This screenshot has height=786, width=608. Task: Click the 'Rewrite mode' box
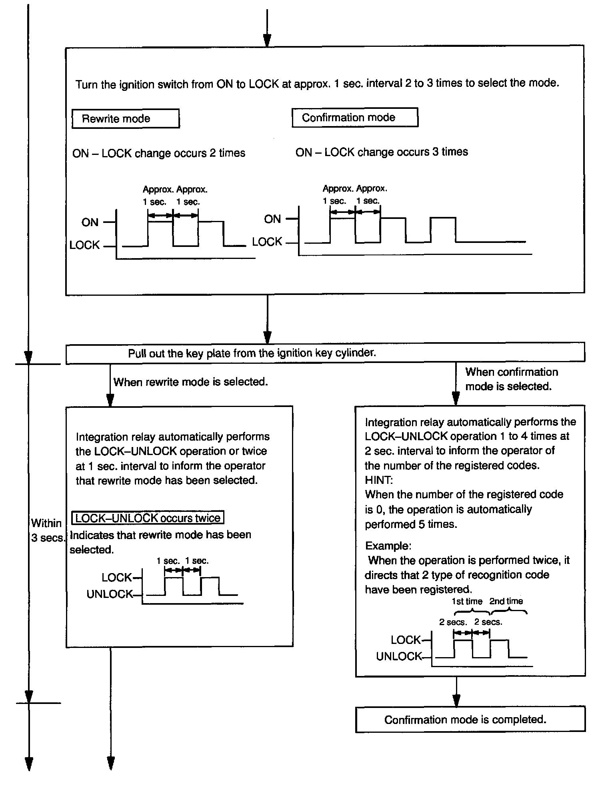pos(125,118)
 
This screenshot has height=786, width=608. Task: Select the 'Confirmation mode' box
pos(355,118)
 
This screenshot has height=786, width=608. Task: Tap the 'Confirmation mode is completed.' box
pos(470,720)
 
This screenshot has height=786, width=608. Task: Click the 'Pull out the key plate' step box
pos(325,353)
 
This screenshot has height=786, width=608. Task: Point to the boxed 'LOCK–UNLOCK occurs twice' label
pos(148,518)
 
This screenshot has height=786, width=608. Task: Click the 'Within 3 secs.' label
pos(47,530)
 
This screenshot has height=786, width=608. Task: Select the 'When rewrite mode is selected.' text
pos(190,382)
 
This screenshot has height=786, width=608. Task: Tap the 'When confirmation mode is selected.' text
pos(511,379)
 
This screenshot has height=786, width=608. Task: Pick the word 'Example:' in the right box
pos(388,546)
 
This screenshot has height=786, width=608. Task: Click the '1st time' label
pos(467,602)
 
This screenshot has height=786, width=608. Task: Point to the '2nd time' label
pos(506,602)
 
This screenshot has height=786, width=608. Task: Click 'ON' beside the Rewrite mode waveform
pos(90,223)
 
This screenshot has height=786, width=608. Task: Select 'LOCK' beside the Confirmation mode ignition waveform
pos(267,242)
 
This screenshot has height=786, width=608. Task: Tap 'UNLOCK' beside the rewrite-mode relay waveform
pos(109,594)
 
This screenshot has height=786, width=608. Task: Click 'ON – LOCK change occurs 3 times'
pos(382,152)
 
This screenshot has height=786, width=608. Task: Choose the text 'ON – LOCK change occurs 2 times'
pos(159,153)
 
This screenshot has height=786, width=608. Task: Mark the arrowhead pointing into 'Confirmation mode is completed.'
pos(456,701)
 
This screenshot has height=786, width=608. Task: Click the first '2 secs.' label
pos(453,622)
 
